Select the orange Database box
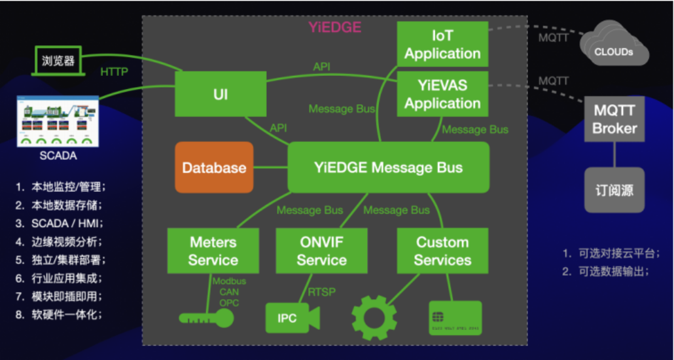214,167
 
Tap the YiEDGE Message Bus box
388,167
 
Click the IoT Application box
442,45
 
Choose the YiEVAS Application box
442,94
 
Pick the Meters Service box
213,251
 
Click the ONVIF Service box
321,251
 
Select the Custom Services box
442,251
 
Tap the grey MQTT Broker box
615,119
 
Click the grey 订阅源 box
615,190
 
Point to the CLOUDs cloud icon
614,45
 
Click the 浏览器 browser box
58,61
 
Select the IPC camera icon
292,318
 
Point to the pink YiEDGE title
334,28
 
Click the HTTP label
114,72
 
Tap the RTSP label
321,292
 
